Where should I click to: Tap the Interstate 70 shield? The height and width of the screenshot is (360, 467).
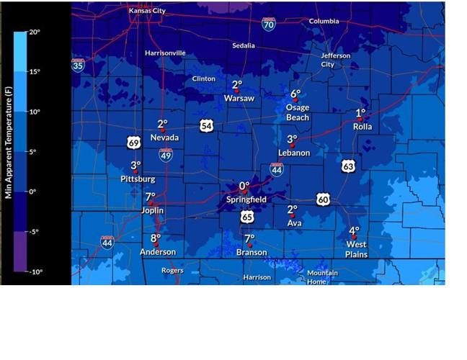268,24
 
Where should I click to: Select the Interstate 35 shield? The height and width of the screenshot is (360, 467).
78,66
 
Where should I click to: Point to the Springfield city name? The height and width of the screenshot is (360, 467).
246,199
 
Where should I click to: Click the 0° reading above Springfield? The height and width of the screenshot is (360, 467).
244,186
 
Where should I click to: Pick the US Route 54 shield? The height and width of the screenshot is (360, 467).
207,126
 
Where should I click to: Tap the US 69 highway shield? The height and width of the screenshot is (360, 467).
133,143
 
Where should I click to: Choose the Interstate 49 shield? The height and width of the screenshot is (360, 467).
166,154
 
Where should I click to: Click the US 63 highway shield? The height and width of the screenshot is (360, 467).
349,166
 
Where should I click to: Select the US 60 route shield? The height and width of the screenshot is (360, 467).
323,199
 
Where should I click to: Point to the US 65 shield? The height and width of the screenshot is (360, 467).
247,216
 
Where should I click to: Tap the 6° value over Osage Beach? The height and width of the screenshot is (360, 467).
295,94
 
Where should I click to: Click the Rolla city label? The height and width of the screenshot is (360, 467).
363,127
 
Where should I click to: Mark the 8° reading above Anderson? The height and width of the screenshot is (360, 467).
156,238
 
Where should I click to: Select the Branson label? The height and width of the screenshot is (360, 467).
252,253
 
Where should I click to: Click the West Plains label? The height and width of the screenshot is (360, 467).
356,249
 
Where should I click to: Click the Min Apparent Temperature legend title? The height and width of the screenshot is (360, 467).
8,151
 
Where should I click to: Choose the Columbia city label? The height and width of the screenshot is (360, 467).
324,22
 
